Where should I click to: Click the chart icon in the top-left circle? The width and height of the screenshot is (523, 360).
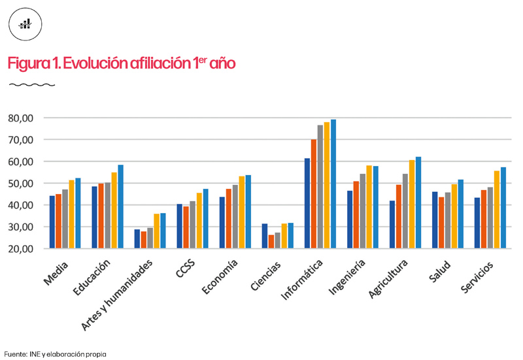pos(25,24)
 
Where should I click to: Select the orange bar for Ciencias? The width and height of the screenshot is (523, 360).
pos(271,242)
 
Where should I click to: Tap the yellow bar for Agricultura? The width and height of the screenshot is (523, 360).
pos(412,205)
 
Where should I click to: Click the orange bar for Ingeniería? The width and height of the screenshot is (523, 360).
pos(356,215)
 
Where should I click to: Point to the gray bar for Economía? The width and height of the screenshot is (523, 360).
pos(235,217)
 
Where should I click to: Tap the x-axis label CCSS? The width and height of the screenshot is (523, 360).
pos(188,269)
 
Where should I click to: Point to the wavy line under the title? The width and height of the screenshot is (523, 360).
pos(31,85)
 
